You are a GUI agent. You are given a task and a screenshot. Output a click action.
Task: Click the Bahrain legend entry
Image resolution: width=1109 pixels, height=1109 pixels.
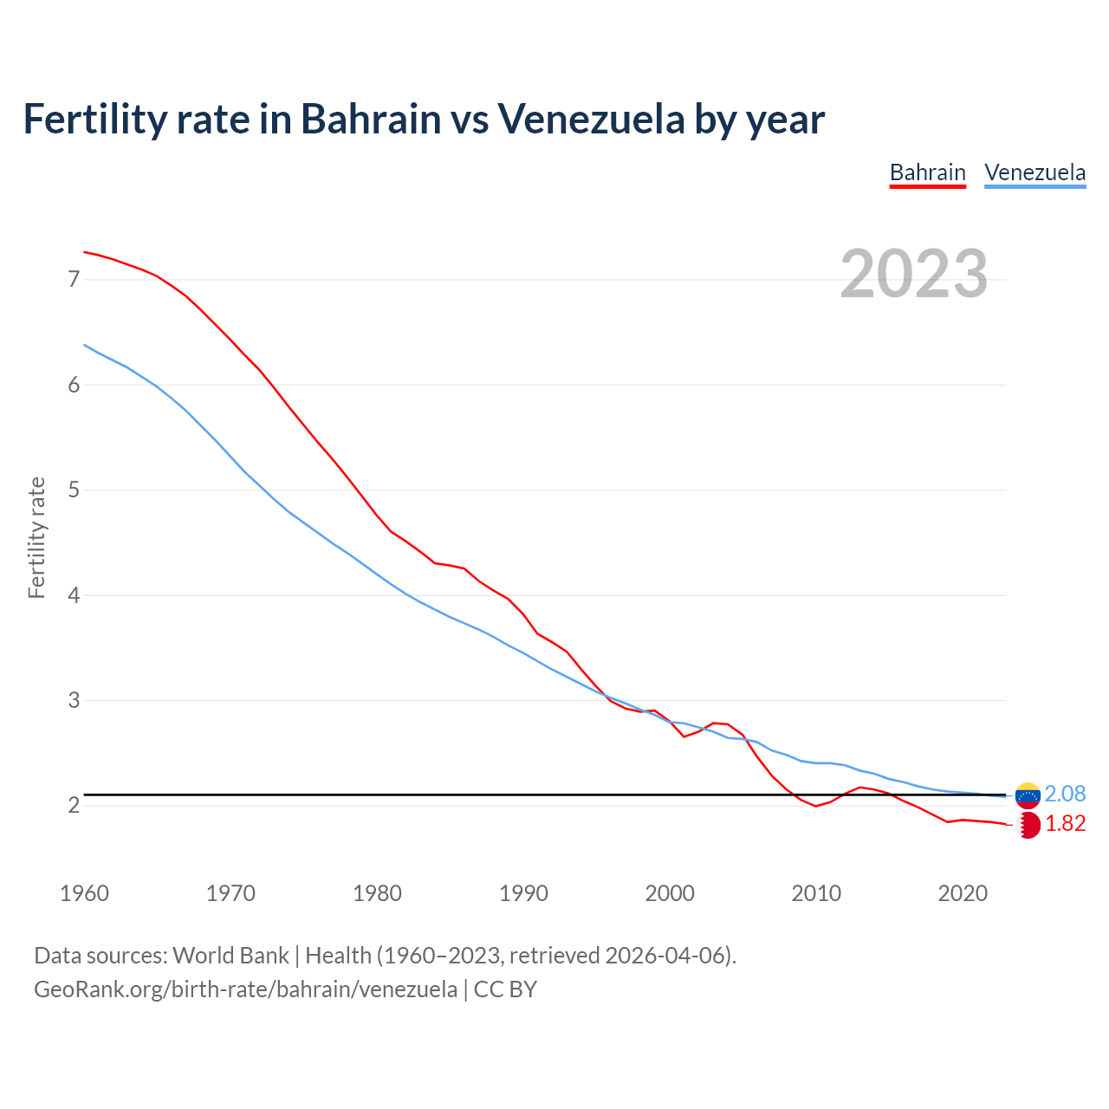[927, 172]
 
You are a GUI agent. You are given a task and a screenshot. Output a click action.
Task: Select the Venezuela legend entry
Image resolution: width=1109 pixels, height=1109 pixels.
[1034, 172]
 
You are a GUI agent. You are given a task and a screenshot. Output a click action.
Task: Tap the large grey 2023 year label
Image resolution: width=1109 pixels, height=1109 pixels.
[913, 274]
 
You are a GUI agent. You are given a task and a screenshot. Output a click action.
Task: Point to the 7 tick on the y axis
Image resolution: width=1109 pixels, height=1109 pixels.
[74, 279]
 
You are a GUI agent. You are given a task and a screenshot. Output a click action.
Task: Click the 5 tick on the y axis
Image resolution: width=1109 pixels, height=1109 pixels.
[74, 490]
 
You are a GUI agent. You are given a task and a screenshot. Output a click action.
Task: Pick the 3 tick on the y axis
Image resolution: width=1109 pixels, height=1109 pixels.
[74, 700]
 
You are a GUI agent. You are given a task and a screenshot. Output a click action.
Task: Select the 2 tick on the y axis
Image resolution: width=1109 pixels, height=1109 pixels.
[74, 806]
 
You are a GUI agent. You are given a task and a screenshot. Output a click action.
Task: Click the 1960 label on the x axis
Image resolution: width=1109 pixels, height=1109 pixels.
[84, 893]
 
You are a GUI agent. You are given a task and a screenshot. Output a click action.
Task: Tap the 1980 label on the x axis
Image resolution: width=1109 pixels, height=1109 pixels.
[377, 893]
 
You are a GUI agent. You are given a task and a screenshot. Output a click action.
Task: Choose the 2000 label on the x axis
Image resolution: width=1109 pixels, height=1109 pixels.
[670, 893]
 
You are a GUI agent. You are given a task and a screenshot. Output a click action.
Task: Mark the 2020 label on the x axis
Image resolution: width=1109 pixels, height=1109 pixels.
[963, 893]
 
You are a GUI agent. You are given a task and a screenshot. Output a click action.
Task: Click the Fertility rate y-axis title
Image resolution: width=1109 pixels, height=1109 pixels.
[36, 537]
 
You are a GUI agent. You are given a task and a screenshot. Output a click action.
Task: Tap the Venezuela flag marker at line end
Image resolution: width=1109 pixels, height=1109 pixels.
[1028, 794]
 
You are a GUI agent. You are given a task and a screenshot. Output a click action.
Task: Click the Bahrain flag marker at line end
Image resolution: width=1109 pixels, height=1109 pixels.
[1028, 825]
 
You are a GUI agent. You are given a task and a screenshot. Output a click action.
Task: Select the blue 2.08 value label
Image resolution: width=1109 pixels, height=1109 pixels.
[1065, 794]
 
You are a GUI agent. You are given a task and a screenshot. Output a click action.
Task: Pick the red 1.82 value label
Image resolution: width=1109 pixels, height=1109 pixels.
[1065, 824]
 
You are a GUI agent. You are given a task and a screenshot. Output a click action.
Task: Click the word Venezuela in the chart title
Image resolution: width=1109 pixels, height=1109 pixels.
[590, 119]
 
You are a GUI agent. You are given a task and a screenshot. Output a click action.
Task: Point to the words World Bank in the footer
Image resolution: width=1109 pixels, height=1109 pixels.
[230, 956]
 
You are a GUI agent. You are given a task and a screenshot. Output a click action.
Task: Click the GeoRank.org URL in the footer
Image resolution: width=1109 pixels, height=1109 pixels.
[245, 989]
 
